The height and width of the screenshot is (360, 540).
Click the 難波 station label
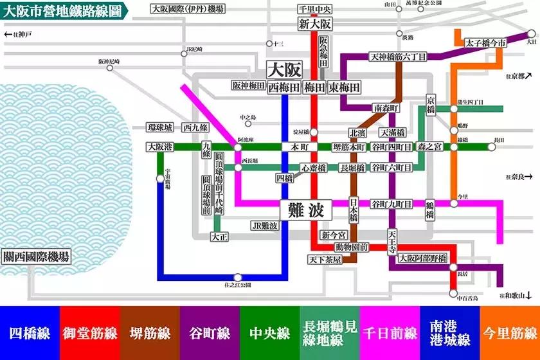[305, 210]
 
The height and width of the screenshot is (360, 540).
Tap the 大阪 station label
[284, 70]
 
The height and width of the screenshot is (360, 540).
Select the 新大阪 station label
[315, 24]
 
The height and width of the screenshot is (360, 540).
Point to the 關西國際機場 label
[36, 256]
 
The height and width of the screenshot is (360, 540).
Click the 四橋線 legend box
[30, 333]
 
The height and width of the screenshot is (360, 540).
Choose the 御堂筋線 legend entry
[89, 333]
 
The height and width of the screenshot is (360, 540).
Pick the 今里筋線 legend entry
[510, 333]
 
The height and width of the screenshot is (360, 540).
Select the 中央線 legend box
[269, 333]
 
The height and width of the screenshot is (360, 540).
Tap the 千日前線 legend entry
[390, 333]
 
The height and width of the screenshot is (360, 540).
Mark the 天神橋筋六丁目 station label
[398, 57]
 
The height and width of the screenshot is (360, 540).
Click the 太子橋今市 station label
[486, 43]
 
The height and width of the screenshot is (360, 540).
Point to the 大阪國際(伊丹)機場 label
[188, 9]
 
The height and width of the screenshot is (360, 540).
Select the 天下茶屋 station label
[324, 259]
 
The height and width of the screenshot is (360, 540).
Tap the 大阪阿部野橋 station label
[422, 258]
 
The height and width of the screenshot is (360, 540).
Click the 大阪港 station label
[159, 147]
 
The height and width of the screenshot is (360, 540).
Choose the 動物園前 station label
[352, 246]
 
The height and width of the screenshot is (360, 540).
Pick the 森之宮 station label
[430, 147]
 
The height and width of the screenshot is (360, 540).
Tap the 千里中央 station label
[315, 9]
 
